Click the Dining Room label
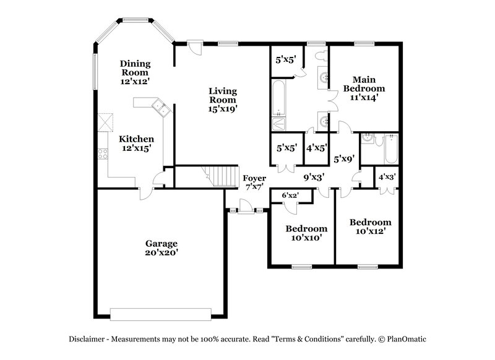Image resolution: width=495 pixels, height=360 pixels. point(136,72)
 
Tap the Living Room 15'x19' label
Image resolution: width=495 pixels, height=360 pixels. point(222,100)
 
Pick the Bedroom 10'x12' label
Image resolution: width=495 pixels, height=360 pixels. point(370,226)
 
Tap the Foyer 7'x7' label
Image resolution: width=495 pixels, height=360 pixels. point(254,182)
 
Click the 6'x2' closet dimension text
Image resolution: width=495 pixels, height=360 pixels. point(290,195)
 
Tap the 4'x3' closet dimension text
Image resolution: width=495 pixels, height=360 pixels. point(388,176)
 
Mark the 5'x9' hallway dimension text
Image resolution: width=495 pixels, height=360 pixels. point(344,158)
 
